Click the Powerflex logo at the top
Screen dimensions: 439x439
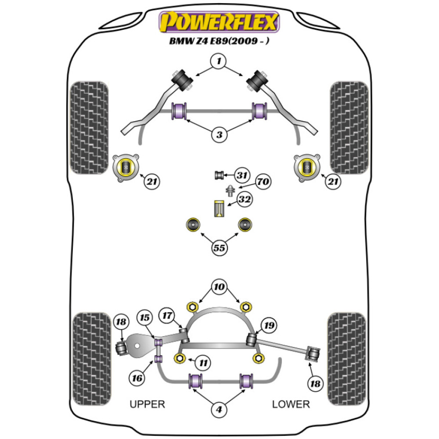tap(219, 22)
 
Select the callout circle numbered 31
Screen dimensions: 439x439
tap(241, 175)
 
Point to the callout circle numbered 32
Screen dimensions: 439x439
tap(245, 200)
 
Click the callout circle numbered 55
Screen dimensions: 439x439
tap(219, 248)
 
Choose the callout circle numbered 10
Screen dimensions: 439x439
tap(219, 288)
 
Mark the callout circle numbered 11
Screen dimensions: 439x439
tap(203, 363)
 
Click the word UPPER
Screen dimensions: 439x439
tap(147, 404)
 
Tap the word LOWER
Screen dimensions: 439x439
tap(291, 404)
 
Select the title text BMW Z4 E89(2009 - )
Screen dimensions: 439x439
tap(219, 43)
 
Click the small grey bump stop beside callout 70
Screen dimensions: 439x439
tap(230, 191)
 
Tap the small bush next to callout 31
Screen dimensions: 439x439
tap(219, 175)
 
